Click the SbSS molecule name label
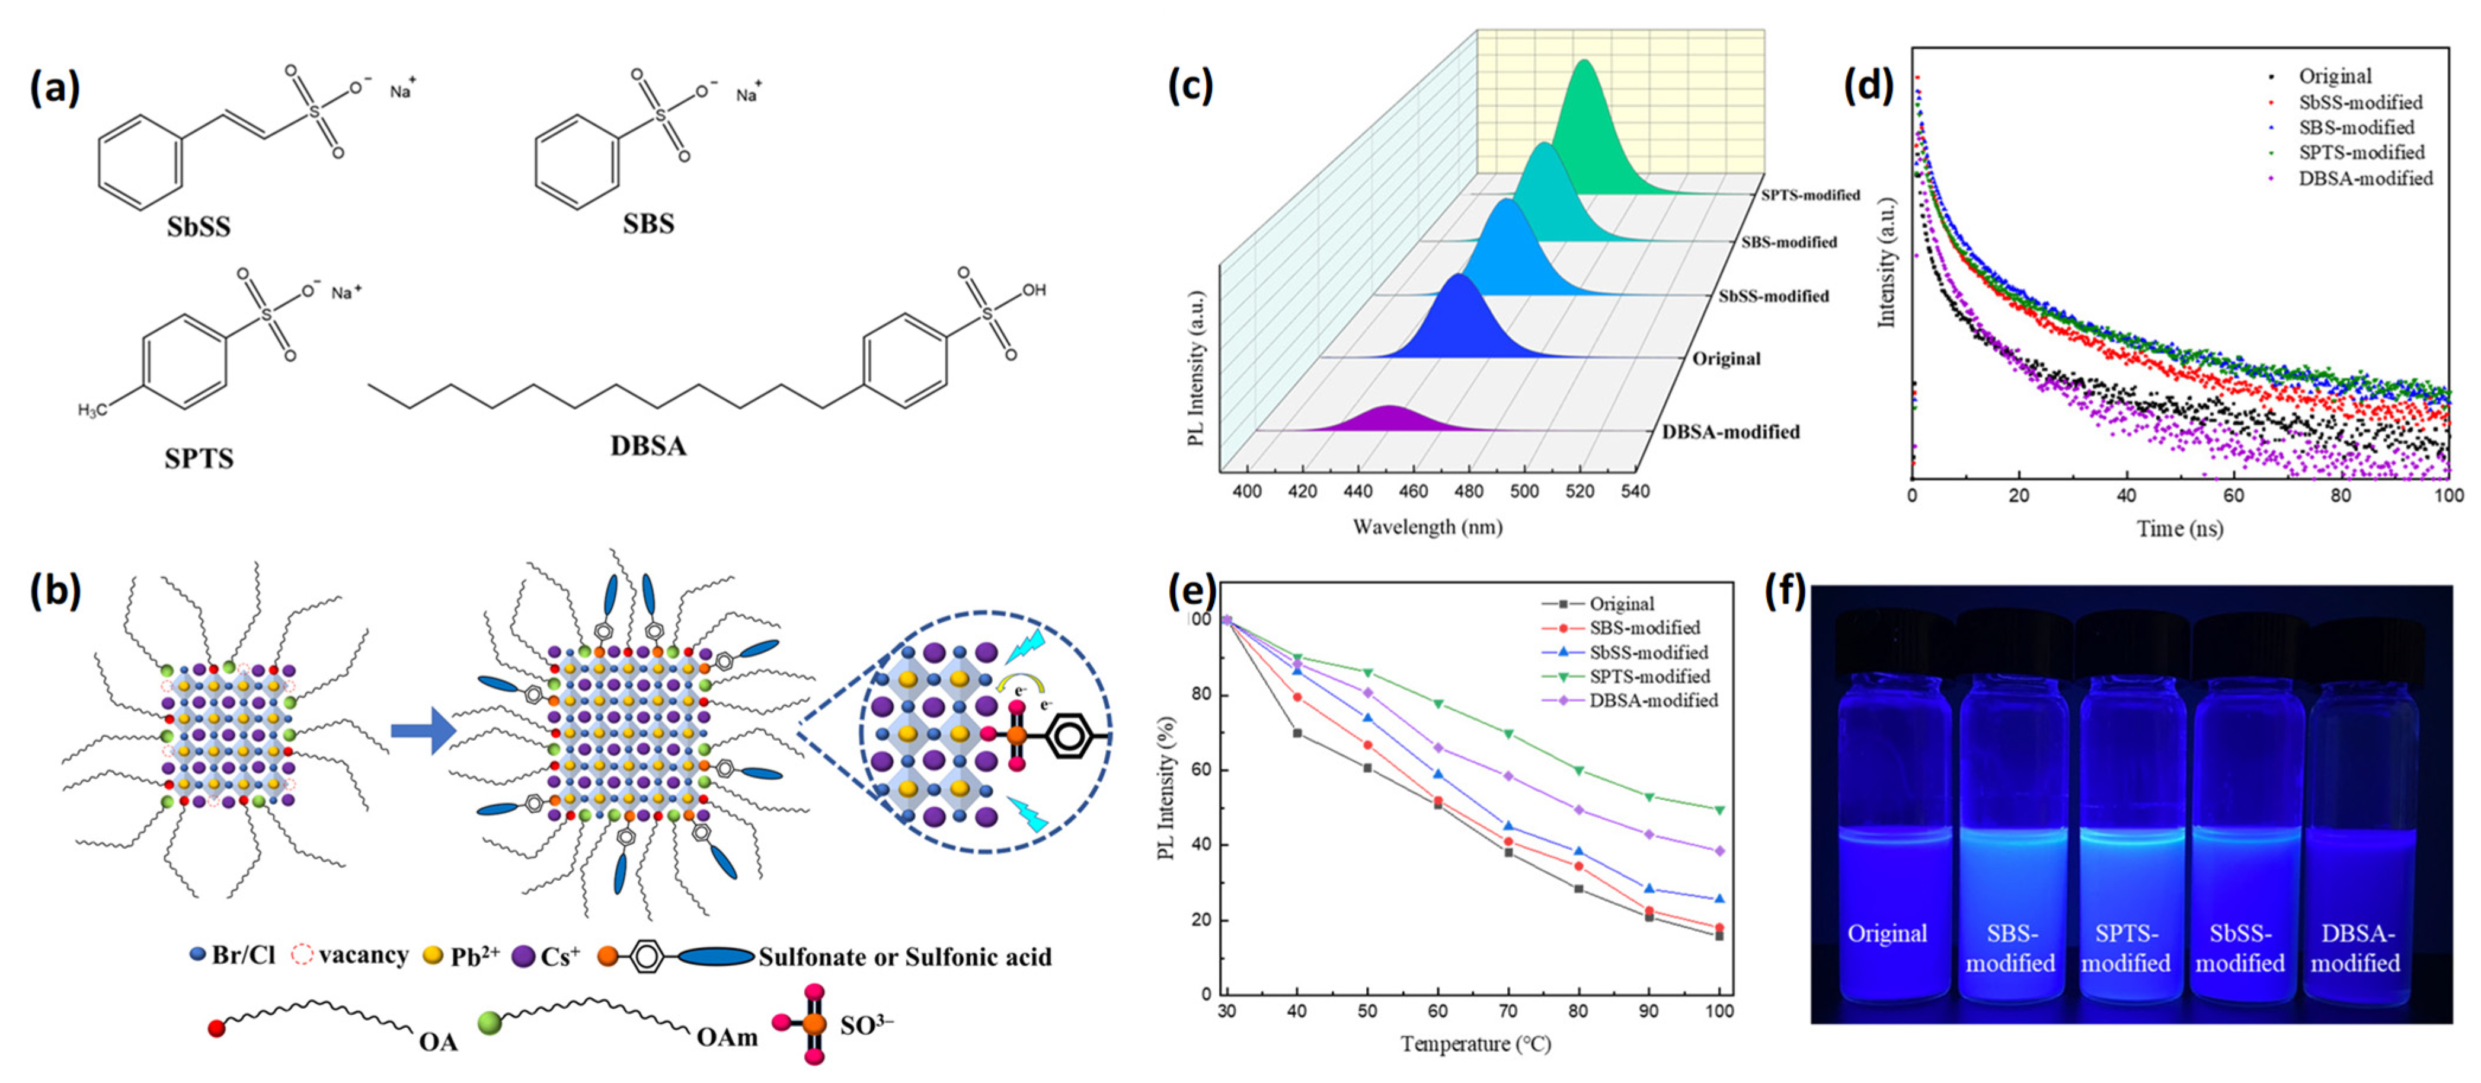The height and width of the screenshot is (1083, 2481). pyautogui.click(x=199, y=227)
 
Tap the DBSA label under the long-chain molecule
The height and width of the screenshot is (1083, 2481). pyautogui.click(x=648, y=446)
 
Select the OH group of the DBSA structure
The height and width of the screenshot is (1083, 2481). pyautogui.click(x=1034, y=290)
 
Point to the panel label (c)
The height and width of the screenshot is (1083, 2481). pyautogui.click(x=1190, y=86)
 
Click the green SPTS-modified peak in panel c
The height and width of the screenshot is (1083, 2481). pyautogui.click(x=1584, y=135)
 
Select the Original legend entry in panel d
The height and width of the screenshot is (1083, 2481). pyautogui.click(x=2335, y=76)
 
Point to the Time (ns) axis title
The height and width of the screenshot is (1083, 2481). pyautogui.click(x=2179, y=529)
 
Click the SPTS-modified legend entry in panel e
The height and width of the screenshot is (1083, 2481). pyautogui.click(x=1649, y=676)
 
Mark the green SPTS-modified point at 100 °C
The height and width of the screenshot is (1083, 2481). pyautogui.click(x=1719, y=810)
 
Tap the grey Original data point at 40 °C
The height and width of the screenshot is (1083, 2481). pyautogui.click(x=1297, y=733)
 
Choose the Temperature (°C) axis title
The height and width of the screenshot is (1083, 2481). pyautogui.click(x=1476, y=1043)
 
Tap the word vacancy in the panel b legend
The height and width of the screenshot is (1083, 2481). pyautogui.click(x=363, y=956)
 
